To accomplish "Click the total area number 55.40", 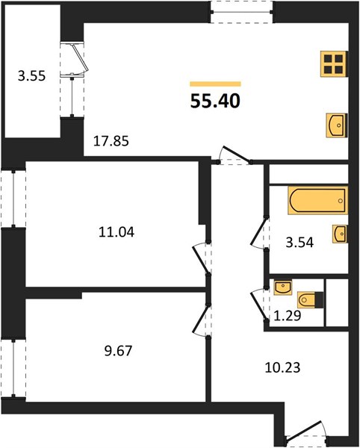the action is tap(215, 101).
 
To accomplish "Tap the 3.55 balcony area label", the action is tap(31, 76).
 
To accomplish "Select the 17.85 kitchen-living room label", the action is tap(111, 141).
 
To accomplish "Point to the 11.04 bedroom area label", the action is tap(117, 232).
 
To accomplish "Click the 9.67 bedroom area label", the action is tap(118, 351).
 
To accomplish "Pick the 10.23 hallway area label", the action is tap(282, 367).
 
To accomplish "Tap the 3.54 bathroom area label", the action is tap(300, 243).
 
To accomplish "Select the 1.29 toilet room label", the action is tap(288, 316).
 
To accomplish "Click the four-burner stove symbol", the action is tap(334, 63).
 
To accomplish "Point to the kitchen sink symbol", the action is tap(337, 125).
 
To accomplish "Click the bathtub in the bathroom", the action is tap(318, 200).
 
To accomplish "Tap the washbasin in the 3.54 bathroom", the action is tap(340, 234).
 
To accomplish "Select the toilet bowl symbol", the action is tap(310, 300).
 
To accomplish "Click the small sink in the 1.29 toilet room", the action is tap(283, 287).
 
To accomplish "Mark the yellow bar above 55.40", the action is tap(215, 84).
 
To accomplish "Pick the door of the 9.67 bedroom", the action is tap(202, 319).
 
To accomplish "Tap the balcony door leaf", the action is tap(81, 57).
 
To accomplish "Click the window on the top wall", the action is tap(242, 12).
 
